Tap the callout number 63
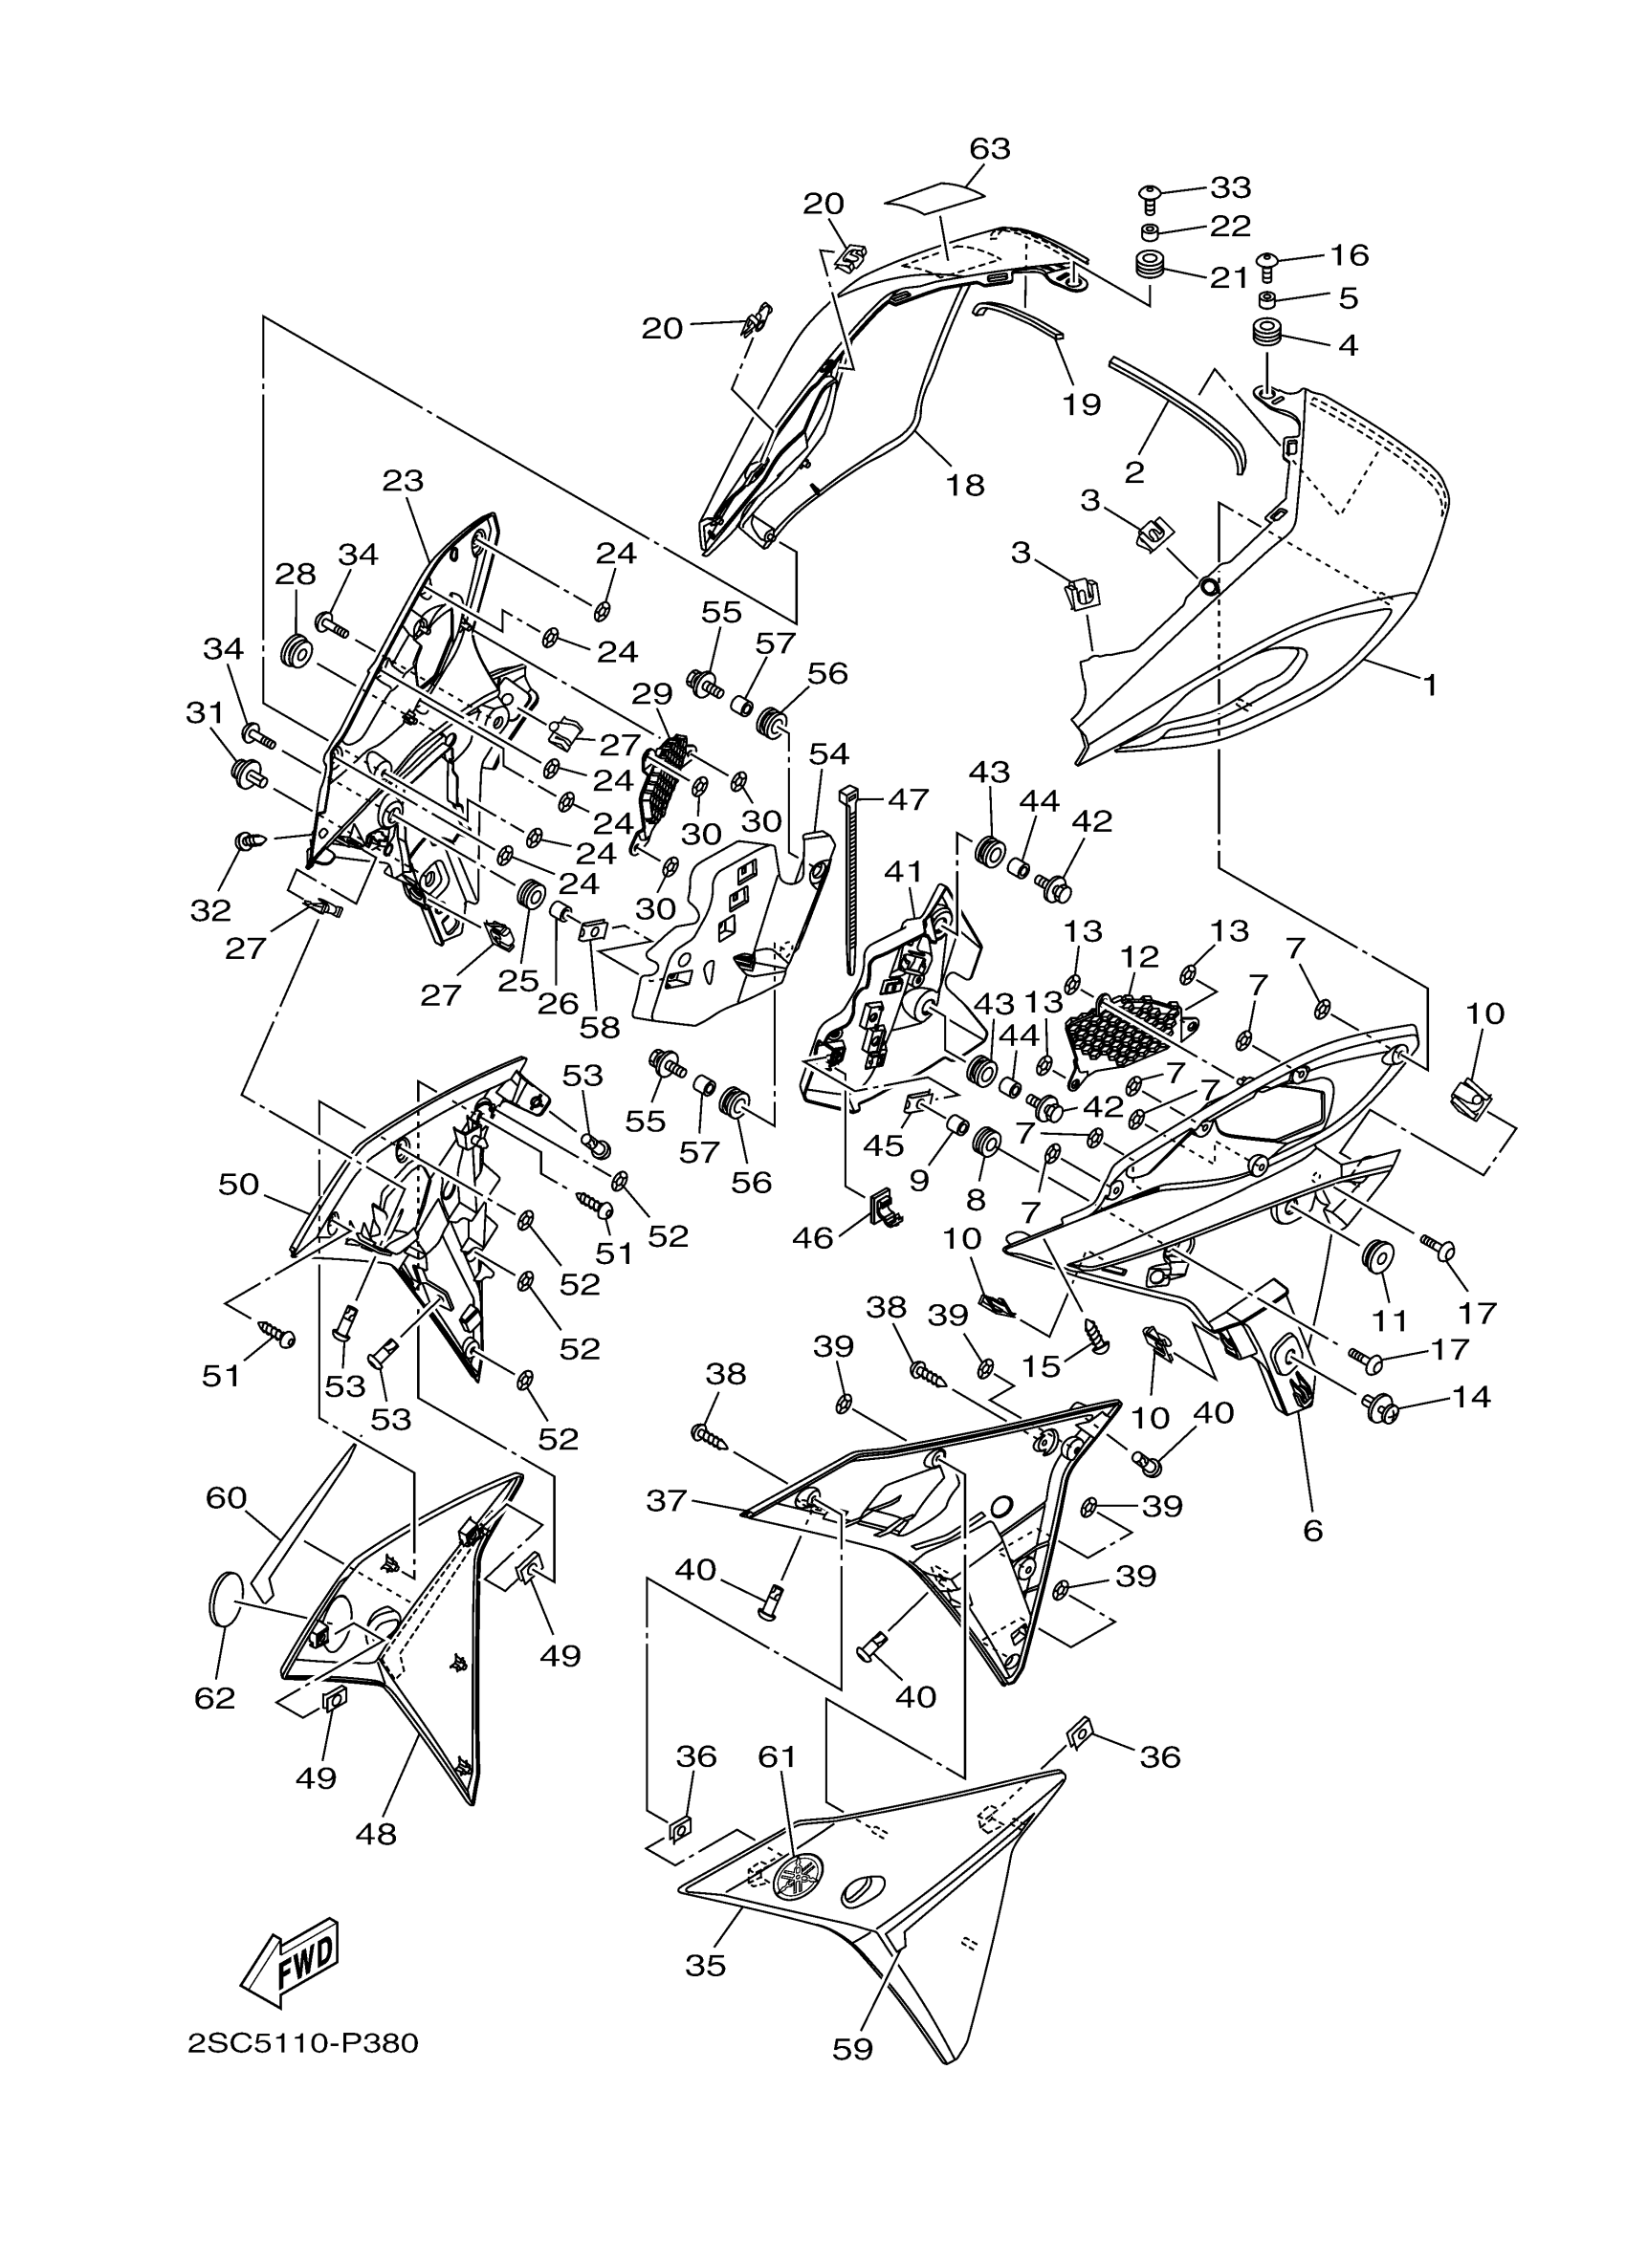point(989,148)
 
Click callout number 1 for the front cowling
point(1429,685)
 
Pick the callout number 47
point(907,798)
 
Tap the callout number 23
point(403,481)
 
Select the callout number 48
point(376,1834)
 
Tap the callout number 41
point(903,872)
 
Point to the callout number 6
point(1312,1531)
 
